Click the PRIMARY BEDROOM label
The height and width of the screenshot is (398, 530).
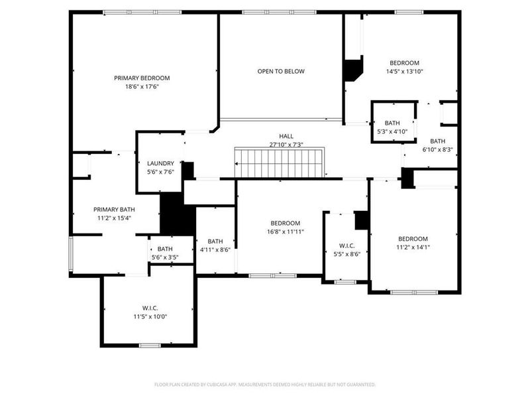(142, 78)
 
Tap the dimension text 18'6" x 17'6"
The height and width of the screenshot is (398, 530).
(142, 86)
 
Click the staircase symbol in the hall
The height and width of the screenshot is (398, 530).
(278, 163)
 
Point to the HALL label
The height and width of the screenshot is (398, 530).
(286, 135)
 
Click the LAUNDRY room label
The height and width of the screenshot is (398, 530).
(160, 163)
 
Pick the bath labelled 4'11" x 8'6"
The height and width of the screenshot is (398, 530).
(215, 245)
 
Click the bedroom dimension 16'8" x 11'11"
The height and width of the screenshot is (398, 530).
(286, 232)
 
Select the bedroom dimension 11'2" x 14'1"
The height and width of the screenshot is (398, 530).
(413, 247)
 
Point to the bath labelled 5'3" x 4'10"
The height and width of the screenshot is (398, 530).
(393, 127)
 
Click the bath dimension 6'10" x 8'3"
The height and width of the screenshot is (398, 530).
(438, 145)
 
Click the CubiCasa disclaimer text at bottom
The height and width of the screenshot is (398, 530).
(265, 384)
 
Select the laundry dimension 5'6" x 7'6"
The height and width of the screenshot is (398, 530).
(160, 172)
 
